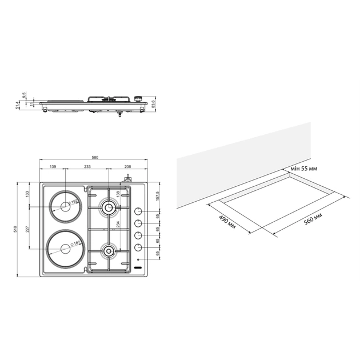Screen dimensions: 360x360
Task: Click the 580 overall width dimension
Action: (95, 157)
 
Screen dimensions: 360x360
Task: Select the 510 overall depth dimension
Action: (21, 229)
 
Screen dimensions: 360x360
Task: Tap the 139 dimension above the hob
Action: (53, 166)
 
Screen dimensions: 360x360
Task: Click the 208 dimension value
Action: (127, 166)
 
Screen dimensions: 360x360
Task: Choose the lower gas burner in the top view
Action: (107, 250)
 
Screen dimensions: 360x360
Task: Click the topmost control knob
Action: (138, 211)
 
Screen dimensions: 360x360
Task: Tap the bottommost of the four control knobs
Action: (138, 248)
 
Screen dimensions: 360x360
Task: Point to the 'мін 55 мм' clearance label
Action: (303, 169)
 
